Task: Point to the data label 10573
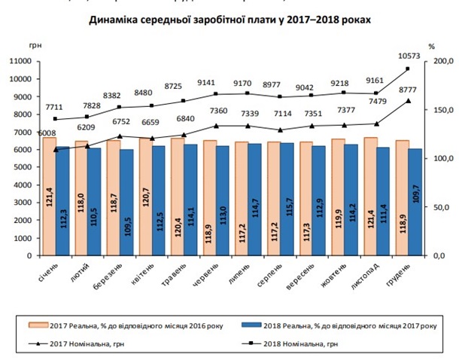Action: [x=407, y=56]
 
